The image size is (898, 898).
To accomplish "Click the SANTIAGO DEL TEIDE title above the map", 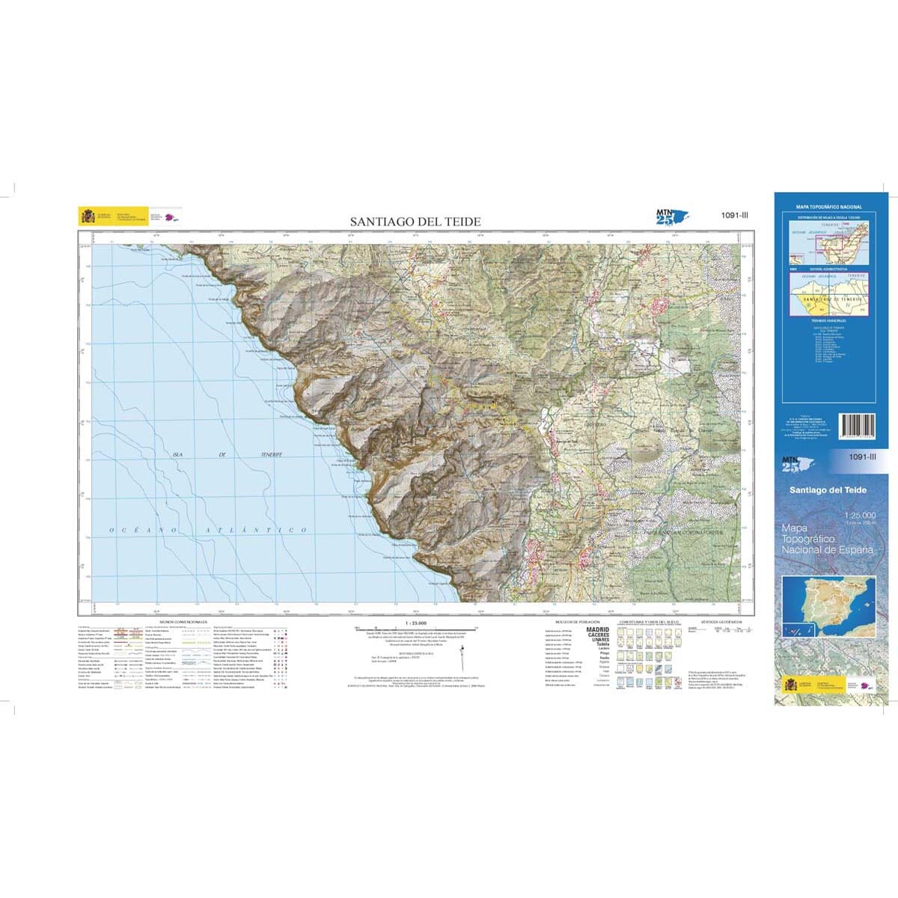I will tap(415, 222).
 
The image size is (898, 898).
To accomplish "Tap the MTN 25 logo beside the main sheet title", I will tap(668, 216).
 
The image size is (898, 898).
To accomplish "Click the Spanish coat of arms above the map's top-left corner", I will tap(88, 216).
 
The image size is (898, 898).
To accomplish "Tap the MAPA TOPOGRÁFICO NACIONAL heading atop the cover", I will tap(828, 207).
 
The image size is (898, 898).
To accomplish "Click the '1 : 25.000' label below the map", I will tap(415, 623).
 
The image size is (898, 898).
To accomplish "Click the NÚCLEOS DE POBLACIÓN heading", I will tap(578, 622).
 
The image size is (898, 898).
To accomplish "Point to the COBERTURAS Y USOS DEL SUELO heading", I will tap(648, 622).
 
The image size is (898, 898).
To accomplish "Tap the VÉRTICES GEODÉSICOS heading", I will tap(721, 622).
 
